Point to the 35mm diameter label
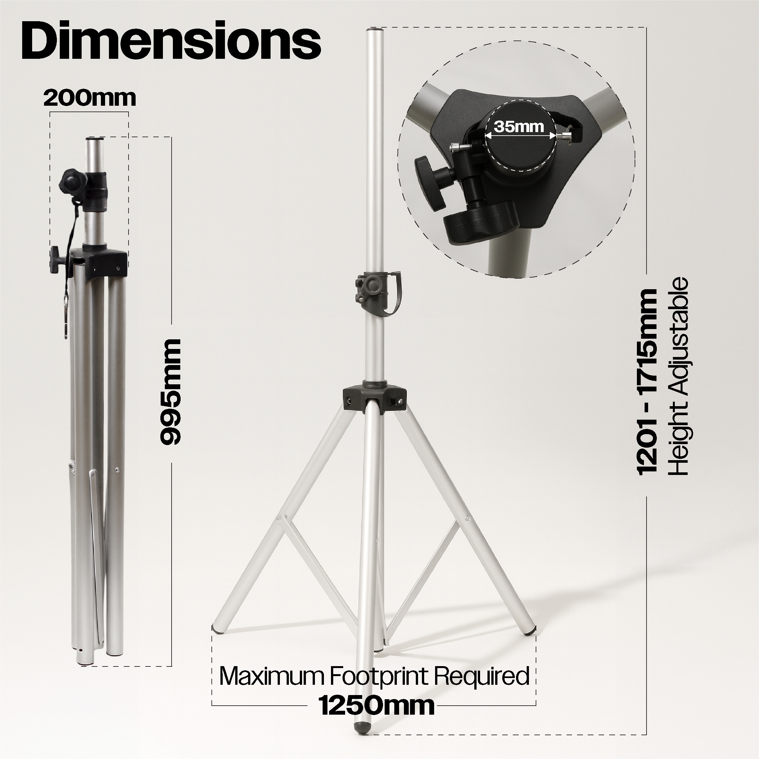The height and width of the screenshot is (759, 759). pos(519,127)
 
